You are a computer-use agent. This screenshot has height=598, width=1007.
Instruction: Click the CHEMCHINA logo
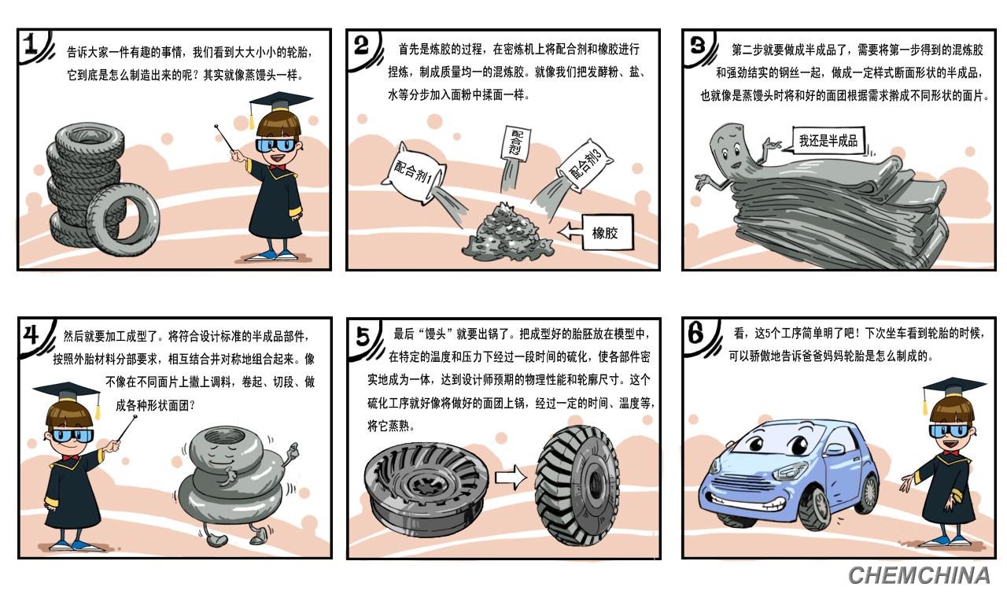(919, 576)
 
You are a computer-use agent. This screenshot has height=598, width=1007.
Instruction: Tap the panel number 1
(31, 44)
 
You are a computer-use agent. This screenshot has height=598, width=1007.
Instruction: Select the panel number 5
(363, 335)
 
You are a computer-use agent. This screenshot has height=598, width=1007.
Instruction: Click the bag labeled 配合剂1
(415, 172)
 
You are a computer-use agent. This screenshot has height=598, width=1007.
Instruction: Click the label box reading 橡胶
(607, 232)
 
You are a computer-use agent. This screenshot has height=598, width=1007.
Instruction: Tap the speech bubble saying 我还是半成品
(828, 141)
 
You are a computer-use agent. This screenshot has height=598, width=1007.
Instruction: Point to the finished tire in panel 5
(577, 485)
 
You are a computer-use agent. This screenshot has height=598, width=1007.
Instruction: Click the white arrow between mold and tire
(511, 477)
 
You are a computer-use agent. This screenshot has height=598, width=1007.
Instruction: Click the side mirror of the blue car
(835, 448)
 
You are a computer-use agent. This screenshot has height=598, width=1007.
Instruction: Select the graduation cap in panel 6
(952, 389)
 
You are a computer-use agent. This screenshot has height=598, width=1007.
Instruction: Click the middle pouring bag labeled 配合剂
(514, 143)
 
